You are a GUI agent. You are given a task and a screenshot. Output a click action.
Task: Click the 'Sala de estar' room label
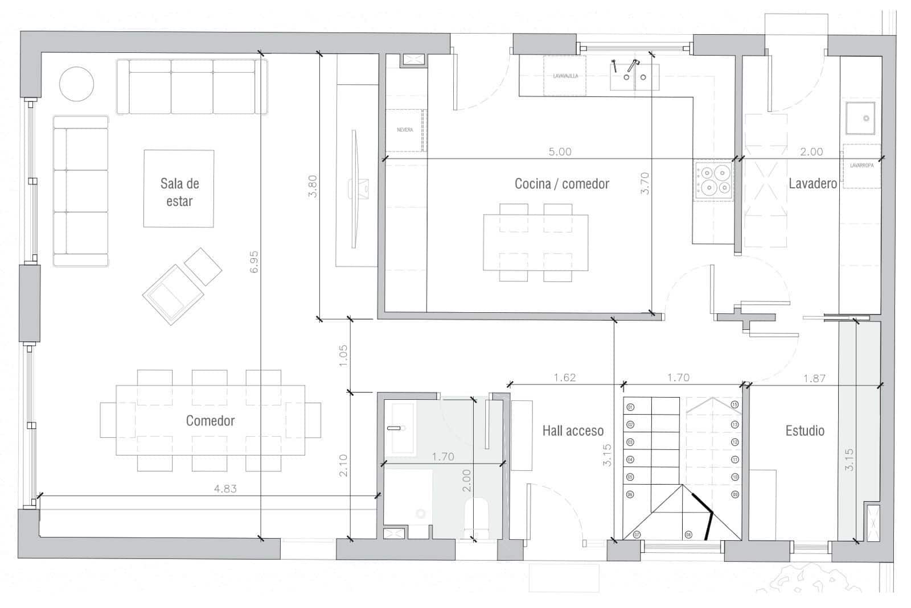(x=179, y=192)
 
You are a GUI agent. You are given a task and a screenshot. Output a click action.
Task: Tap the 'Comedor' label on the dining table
(x=210, y=420)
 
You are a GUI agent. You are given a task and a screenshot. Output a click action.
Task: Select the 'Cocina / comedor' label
(x=561, y=184)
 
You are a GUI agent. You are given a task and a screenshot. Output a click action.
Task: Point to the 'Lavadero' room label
(x=812, y=183)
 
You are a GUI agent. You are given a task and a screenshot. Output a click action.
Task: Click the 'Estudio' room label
(x=805, y=431)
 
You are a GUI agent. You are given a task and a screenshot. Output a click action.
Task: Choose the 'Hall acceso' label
(x=572, y=431)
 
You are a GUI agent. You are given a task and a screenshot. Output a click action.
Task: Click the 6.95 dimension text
(x=254, y=262)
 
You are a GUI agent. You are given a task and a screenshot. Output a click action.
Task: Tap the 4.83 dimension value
(x=225, y=488)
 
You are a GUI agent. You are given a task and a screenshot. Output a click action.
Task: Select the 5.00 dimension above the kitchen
(x=560, y=151)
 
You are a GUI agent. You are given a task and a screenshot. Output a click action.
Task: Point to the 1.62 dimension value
(x=564, y=377)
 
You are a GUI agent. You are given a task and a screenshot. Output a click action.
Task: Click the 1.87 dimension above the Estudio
(x=814, y=378)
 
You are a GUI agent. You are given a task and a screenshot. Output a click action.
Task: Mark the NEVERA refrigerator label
(x=405, y=130)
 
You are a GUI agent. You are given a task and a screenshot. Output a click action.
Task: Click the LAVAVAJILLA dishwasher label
(x=565, y=76)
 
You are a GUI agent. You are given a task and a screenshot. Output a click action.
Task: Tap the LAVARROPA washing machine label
(x=861, y=166)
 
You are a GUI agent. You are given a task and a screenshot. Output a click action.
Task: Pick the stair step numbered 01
(x=630, y=407)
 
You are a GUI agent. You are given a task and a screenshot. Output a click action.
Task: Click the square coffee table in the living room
(x=178, y=188)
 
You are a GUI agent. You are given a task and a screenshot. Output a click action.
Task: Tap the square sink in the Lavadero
(x=860, y=118)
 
